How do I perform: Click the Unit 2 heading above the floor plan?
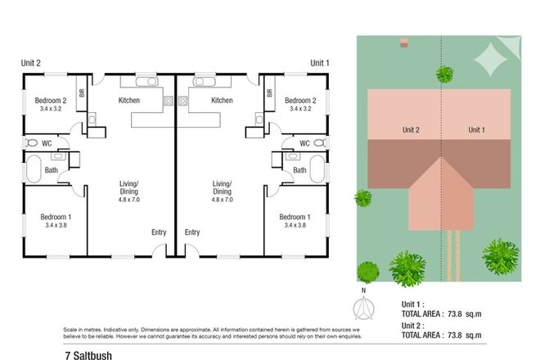tap(31, 63)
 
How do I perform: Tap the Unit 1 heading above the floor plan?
tap(321, 63)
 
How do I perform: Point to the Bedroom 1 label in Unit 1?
tap(295, 217)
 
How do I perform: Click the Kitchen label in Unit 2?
tap(129, 101)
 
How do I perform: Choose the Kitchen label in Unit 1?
tap(222, 101)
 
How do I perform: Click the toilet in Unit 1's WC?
tap(319, 143)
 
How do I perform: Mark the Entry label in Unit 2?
tap(159, 232)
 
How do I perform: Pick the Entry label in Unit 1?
tap(192, 232)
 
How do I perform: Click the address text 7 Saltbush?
tap(88, 356)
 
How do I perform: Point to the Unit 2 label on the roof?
tap(411, 130)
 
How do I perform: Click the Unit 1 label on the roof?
tap(477, 130)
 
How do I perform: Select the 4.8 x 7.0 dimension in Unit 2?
tap(129, 200)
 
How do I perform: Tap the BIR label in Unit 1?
tap(269, 93)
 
